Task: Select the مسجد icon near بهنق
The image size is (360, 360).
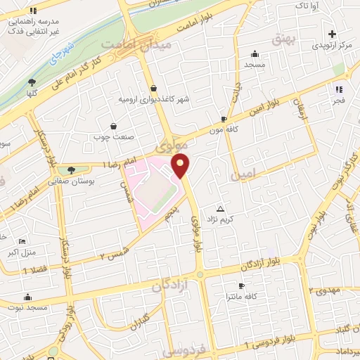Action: pyautogui.click(x=254, y=53)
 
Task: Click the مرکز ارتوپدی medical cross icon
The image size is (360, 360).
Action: pyautogui.click(x=332, y=33)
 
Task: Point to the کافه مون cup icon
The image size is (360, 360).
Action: pyautogui.click(x=224, y=119)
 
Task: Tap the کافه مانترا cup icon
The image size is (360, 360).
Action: pyautogui.click(x=241, y=285)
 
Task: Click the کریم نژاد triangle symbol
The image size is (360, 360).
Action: pyautogui.click(x=221, y=209)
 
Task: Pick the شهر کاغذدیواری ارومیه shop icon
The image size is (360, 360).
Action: pyautogui.click(x=153, y=88)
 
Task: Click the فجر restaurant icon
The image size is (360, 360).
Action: pyautogui.click(x=339, y=89)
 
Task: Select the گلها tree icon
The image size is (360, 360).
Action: pyautogui.click(x=32, y=82)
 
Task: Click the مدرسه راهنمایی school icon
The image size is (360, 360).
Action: pyautogui.click(x=33, y=11)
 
